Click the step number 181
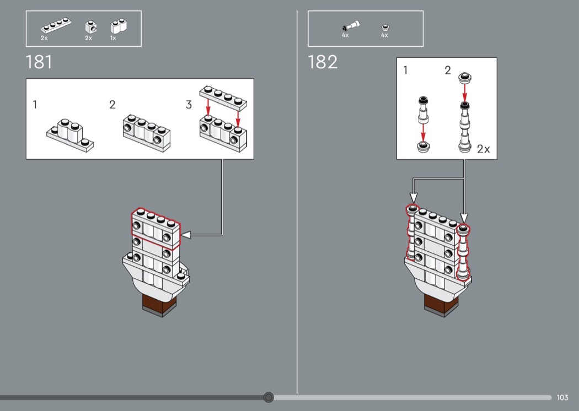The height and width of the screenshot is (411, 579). coord(39,62)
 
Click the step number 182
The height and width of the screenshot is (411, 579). coord(323,62)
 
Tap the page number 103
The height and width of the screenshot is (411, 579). coord(562,397)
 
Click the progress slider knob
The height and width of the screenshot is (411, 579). coord(269,397)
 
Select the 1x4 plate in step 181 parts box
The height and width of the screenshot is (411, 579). coord(56,25)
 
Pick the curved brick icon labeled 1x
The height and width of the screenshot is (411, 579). coord(119,26)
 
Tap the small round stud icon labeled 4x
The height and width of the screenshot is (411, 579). coord(385,27)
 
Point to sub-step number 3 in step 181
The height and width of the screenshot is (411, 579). coord(189,105)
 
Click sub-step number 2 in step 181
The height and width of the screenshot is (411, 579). coord(112,105)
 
